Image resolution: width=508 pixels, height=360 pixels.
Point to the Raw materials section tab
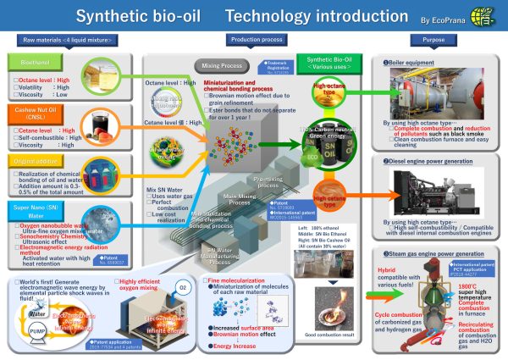(63, 40)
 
